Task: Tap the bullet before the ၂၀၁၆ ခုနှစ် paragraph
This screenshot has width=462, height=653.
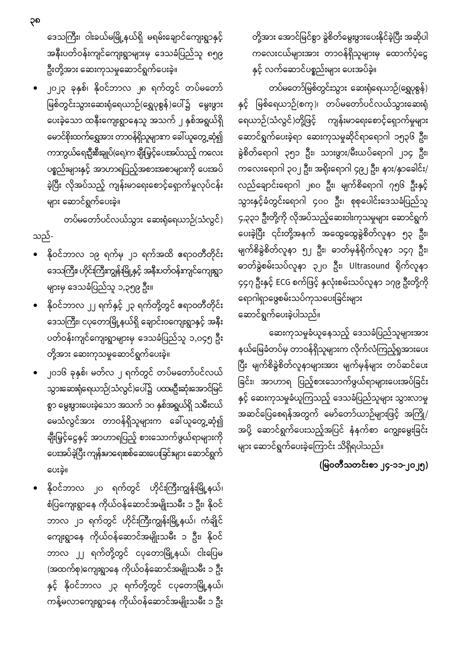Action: pos(35,373)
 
